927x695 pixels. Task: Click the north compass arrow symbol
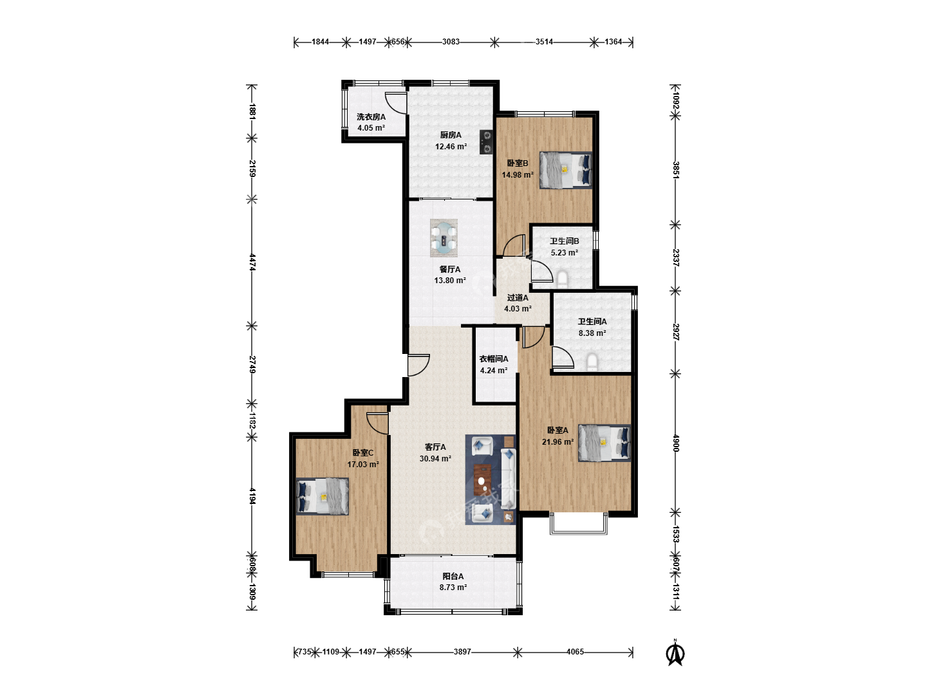click(x=675, y=653)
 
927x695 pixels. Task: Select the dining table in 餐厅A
click(x=444, y=238)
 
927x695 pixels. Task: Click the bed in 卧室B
click(x=565, y=170)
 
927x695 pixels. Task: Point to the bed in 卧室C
click(x=323, y=496)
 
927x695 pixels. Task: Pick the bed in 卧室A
click(x=604, y=443)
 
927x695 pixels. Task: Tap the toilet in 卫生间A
click(x=592, y=362)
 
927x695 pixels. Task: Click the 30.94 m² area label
click(x=435, y=458)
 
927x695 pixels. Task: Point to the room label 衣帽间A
click(x=494, y=358)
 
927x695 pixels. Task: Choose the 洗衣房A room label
click(x=371, y=117)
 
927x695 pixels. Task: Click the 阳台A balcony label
click(x=453, y=576)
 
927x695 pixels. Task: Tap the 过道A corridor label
click(x=518, y=297)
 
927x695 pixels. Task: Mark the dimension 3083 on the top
click(x=451, y=42)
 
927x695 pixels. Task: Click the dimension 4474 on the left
click(x=252, y=262)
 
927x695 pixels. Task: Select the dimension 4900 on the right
click(x=676, y=443)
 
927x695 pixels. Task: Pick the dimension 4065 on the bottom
click(x=576, y=652)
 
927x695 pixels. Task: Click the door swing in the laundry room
click(x=396, y=103)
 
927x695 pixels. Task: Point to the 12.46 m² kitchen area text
click(x=451, y=147)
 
